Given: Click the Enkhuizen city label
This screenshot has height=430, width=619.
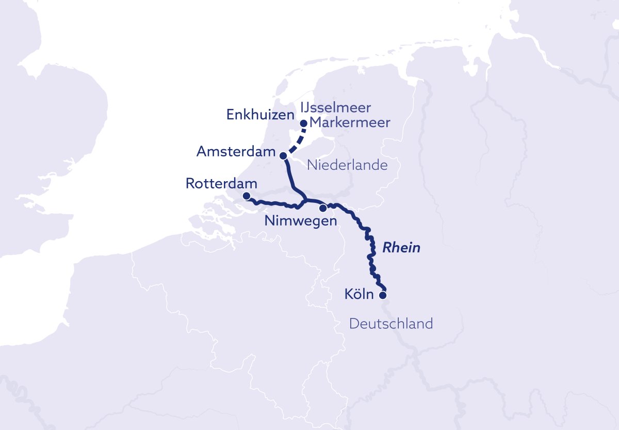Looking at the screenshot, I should [260, 115].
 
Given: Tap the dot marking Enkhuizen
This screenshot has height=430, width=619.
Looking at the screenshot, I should [304, 123].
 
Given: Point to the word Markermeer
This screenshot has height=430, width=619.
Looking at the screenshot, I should [350, 123].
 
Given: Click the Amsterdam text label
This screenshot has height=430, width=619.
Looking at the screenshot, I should [235, 152].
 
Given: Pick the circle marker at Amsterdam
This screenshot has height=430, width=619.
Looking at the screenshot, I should [283, 155].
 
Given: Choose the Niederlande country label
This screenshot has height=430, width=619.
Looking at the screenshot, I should [347, 165].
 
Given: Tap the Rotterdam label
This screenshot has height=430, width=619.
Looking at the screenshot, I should [221, 184].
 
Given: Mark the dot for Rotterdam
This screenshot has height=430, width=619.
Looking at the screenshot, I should [247, 196].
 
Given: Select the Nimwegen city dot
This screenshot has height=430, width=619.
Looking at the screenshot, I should [323, 209].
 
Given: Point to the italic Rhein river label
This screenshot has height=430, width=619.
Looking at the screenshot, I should [401, 248].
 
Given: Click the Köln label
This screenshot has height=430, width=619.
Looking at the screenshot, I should [359, 295].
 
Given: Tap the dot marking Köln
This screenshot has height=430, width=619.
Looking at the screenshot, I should [383, 296].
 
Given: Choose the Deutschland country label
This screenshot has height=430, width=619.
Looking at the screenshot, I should [390, 324].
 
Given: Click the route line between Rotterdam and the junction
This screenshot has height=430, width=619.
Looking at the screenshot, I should [273, 204].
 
